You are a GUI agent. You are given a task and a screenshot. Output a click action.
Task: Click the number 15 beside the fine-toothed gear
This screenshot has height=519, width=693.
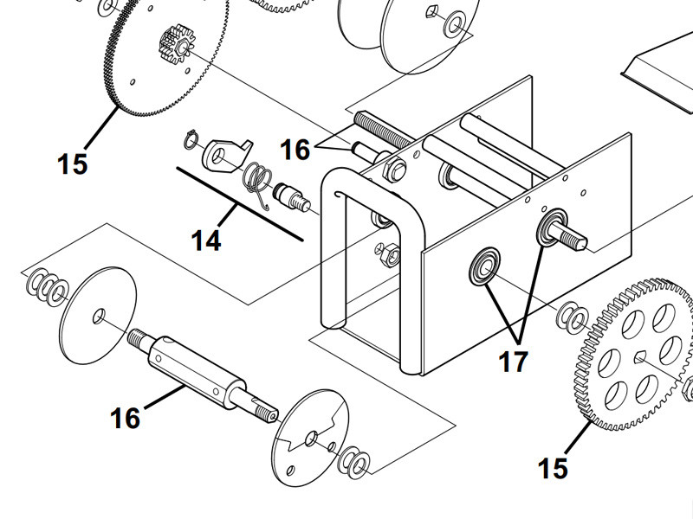(73, 163)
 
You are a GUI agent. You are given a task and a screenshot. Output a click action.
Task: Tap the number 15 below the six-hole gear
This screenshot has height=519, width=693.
(553, 468)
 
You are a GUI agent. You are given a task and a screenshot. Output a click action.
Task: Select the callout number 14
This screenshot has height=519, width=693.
(206, 240)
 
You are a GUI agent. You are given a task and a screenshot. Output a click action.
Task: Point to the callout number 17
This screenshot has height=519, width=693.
(513, 360)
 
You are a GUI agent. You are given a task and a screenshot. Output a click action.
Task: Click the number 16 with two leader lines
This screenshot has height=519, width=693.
(295, 150)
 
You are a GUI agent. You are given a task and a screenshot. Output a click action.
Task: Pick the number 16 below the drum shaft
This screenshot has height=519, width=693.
(126, 418)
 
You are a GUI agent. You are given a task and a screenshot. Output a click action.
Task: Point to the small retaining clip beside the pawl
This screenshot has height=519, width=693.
(192, 138)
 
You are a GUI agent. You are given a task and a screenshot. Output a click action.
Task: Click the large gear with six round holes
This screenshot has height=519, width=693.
(632, 355)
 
